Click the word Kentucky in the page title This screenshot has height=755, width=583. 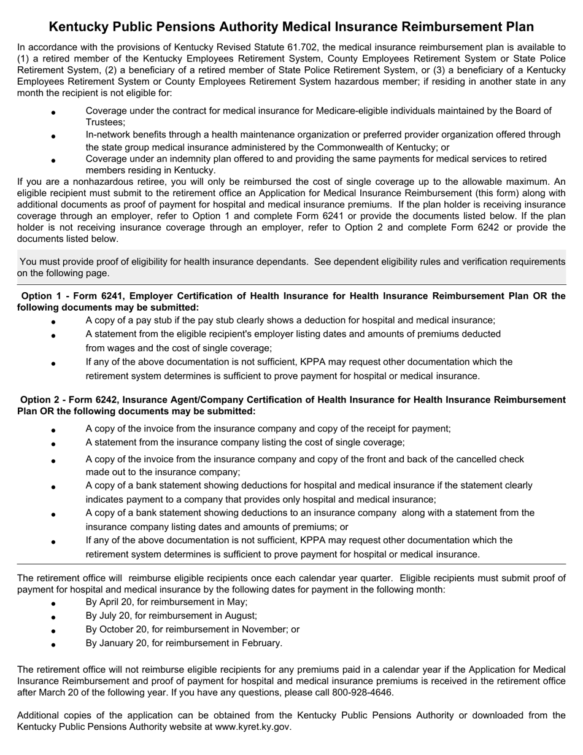[x=77, y=26]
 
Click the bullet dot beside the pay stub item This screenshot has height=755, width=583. [x=53, y=322]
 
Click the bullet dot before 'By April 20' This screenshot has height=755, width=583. [x=53, y=603]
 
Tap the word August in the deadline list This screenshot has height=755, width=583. [x=239, y=616]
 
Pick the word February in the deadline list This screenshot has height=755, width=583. [x=262, y=643]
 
